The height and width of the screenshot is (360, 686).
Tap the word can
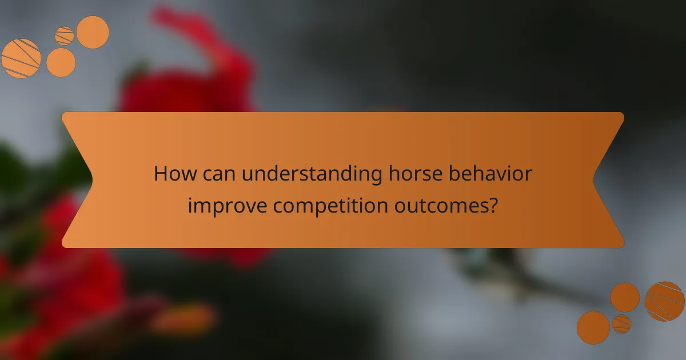[x=218, y=174]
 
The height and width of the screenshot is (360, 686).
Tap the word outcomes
[x=439, y=205]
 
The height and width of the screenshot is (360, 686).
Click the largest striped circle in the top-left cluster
[x=21, y=58]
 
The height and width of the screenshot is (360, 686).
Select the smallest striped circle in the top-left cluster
[x=65, y=36]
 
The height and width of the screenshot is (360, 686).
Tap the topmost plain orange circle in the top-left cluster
[x=93, y=32]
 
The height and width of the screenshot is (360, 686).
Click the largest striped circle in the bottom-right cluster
[x=664, y=301]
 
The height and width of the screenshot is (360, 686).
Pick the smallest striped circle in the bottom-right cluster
[x=621, y=324]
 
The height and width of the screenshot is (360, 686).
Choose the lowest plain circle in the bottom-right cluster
[x=593, y=327]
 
